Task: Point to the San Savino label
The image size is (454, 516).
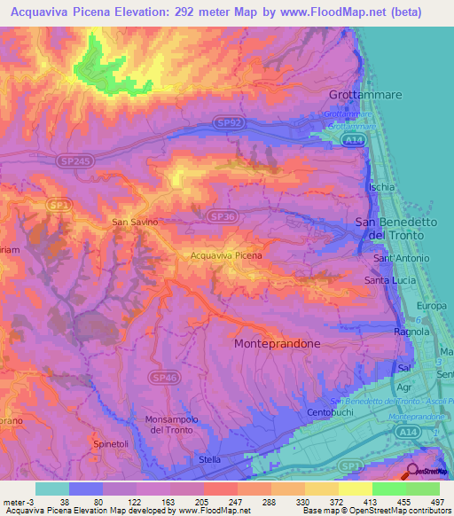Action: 134,222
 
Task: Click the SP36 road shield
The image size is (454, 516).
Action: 221,215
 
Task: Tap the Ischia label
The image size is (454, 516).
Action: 381,187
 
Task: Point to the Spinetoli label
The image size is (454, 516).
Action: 110,441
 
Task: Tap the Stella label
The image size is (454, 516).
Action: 210,459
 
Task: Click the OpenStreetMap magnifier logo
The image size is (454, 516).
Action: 413,473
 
